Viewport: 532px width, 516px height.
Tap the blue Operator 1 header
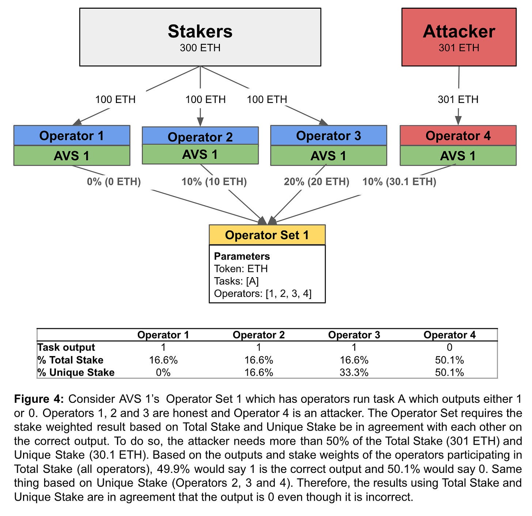72,135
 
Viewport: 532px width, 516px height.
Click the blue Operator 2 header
200,137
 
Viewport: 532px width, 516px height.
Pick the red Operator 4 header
458,135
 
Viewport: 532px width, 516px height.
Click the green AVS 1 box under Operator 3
328,156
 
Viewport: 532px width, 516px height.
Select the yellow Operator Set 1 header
267,235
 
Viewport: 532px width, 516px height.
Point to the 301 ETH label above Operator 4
458,99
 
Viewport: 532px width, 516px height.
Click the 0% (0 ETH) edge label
114,181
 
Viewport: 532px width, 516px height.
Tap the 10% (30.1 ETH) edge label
399,181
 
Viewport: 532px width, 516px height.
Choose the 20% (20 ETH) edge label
316,181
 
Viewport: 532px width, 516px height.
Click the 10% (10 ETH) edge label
214,181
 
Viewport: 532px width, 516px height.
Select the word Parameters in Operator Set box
242,256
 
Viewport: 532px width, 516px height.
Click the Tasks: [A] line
236,281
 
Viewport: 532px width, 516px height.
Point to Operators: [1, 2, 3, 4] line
263,294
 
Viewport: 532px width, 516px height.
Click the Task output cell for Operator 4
449,347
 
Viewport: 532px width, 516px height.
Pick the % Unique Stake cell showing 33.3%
354,372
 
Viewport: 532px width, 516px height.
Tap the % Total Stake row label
70,360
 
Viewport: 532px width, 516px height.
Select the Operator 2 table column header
258,335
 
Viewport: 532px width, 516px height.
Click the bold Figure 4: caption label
39,399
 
